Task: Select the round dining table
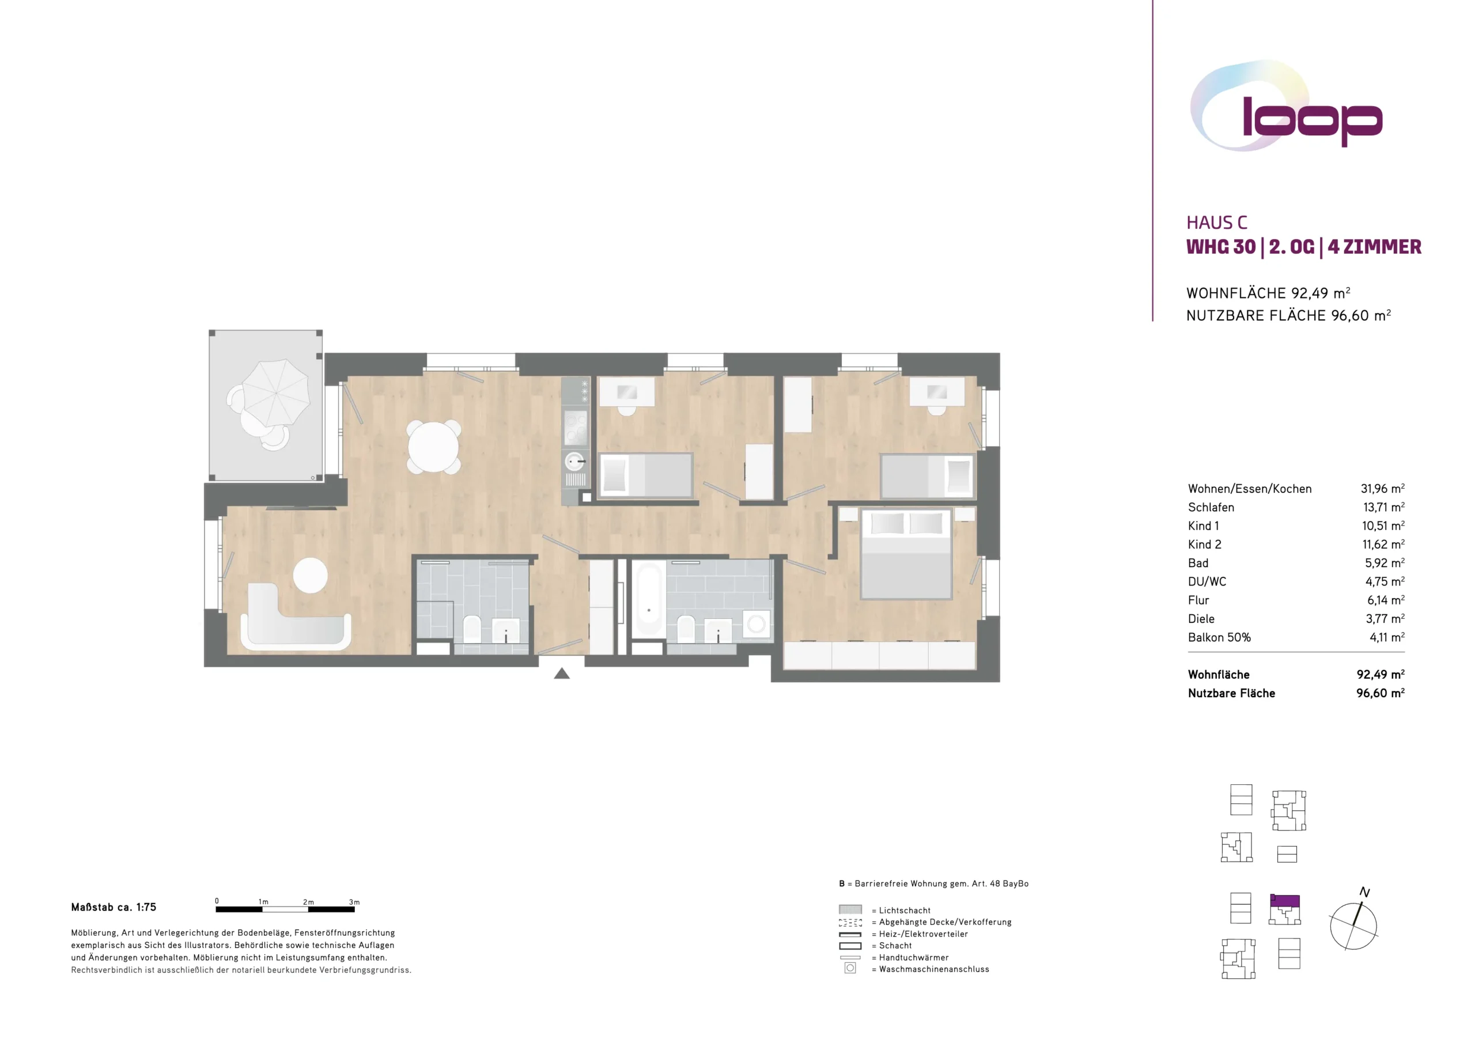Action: click(434, 447)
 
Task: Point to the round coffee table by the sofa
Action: click(311, 575)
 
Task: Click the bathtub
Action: click(649, 599)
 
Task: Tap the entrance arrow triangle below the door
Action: click(562, 674)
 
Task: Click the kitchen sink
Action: click(574, 462)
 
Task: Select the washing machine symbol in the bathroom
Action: click(757, 623)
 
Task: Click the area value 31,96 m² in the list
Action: click(1382, 489)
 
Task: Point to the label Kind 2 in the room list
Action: click(1205, 545)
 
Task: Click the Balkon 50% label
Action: click(1219, 637)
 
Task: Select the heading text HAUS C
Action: click(1217, 222)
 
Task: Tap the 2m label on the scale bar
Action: click(308, 902)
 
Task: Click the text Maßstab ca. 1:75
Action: click(114, 908)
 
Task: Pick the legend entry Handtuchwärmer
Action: click(914, 958)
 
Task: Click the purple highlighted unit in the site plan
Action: click(1285, 901)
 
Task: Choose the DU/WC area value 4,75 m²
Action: click(1385, 581)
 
